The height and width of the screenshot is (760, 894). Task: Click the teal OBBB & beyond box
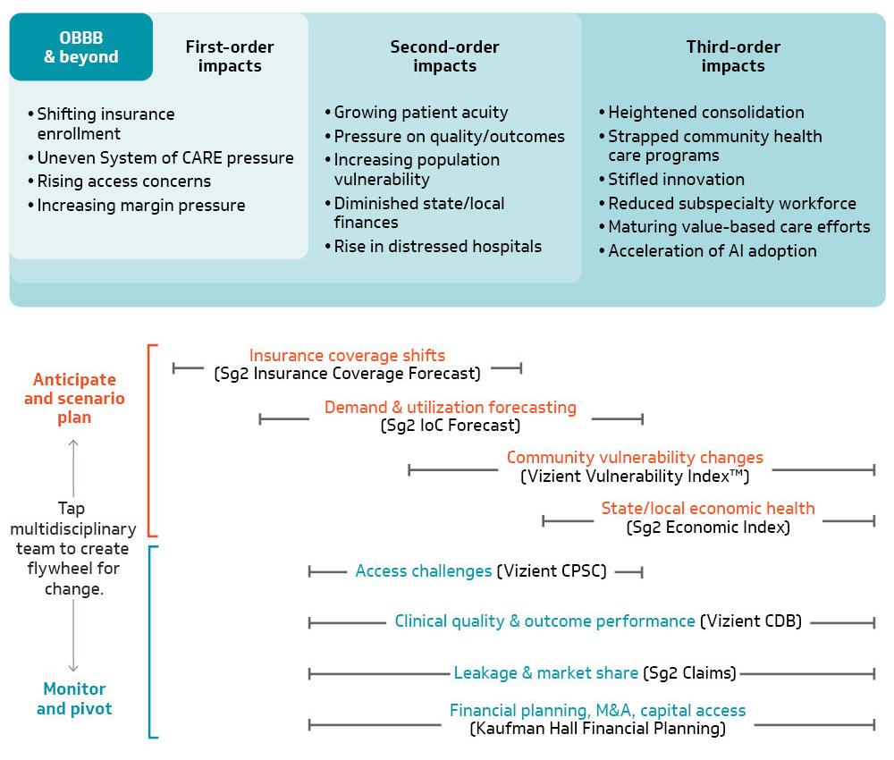(x=81, y=47)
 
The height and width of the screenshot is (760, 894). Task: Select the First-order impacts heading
(x=230, y=56)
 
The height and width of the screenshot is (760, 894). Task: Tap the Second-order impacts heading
(x=444, y=56)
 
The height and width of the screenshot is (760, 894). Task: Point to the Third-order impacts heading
(x=733, y=56)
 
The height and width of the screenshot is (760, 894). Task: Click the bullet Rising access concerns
(x=124, y=182)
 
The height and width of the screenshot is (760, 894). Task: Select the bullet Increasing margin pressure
(x=141, y=206)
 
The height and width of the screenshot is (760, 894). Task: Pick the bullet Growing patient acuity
(x=420, y=113)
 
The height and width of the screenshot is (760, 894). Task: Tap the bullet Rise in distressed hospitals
(x=437, y=247)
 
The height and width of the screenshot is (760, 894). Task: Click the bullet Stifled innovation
(x=676, y=180)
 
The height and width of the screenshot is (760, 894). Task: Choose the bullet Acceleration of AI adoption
(x=713, y=251)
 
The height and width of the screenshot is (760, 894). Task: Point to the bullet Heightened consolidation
(x=706, y=113)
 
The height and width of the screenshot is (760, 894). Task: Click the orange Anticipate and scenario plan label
(x=74, y=399)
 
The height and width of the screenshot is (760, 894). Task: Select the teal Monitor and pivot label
(x=74, y=698)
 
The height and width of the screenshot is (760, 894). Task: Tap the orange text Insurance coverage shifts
(x=347, y=356)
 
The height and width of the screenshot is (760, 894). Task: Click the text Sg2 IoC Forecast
(x=450, y=426)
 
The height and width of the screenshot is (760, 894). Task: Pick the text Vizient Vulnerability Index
(x=635, y=477)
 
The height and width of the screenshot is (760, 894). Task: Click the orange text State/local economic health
(x=708, y=509)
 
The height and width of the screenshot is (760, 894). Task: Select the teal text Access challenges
(x=424, y=571)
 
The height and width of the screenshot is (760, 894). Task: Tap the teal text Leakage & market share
(x=546, y=673)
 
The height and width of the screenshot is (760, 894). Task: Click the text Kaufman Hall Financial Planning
(x=597, y=730)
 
